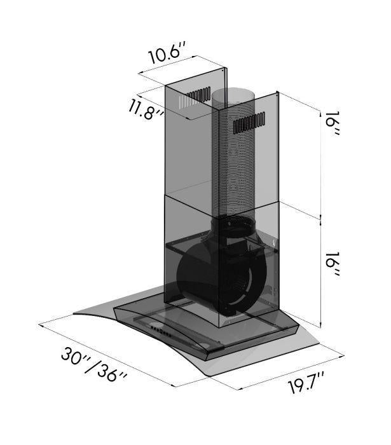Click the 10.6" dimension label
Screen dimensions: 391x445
click(x=168, y=53)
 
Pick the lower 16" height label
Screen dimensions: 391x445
click(x=333, y=264)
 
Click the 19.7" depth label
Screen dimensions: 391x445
click(x=306, y=383)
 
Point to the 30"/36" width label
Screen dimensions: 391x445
click(x=93, y=365)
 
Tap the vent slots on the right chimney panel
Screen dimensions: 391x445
click(x=249, y=123)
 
